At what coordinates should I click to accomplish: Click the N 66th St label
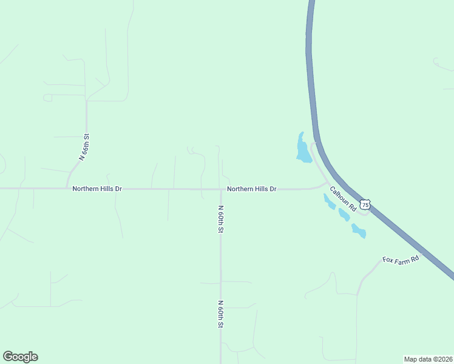84,146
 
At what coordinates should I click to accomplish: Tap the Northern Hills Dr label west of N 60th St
97,189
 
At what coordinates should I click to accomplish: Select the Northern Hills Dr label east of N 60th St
252,189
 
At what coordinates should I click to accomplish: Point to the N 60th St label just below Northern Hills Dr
221,220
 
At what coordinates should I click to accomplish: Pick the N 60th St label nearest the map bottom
221,314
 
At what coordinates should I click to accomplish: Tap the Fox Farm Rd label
401,259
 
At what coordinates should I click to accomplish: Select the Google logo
20,357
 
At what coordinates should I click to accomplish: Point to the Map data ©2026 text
428,359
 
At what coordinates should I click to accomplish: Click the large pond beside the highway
302,149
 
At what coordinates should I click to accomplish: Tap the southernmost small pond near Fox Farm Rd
359,231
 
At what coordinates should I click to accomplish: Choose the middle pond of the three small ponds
344,215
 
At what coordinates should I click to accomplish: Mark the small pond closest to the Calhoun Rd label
330,203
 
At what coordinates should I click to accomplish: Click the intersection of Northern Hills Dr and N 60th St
220,189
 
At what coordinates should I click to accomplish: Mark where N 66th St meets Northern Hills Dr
67,188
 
